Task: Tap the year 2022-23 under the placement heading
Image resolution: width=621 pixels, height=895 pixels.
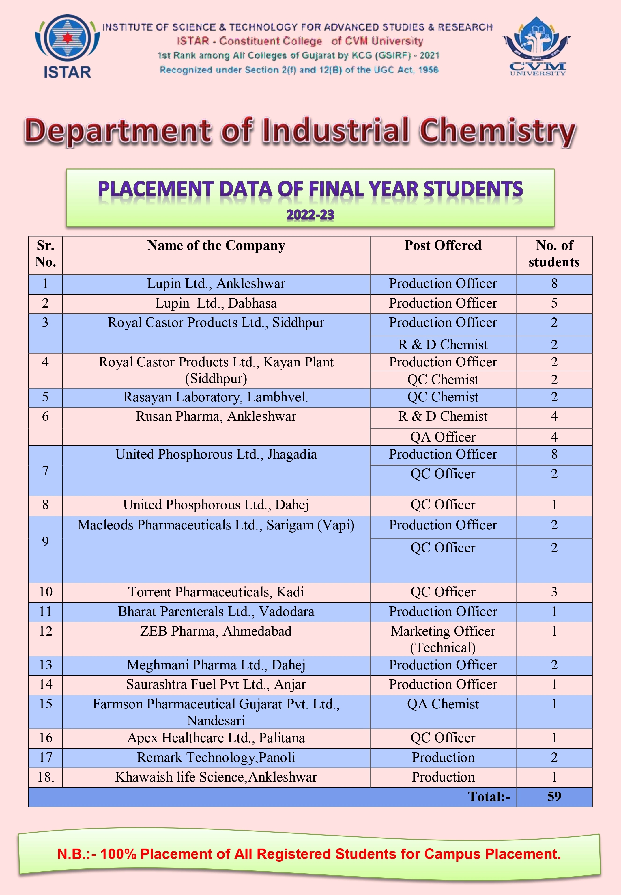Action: [x=310, y=215]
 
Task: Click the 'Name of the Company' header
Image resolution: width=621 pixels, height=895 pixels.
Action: [x=216, y=246]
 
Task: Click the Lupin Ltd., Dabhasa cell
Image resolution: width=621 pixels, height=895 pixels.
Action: [x=216, y=303]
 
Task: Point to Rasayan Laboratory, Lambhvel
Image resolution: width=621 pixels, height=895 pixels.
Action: [x=216, y=397]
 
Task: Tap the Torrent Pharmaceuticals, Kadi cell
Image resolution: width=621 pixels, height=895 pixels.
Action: [x=216, y=592]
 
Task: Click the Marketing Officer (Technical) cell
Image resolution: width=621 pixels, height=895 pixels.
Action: [x=443, y=639]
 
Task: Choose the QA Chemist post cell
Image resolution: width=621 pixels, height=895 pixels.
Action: [x=443, y=704]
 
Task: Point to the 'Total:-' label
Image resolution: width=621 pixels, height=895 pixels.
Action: [x=489, y=797]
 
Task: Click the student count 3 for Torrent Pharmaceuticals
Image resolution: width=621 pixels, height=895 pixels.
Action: [x=554, y=592]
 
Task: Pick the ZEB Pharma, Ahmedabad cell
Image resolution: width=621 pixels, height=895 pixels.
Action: [x=216, y=631]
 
